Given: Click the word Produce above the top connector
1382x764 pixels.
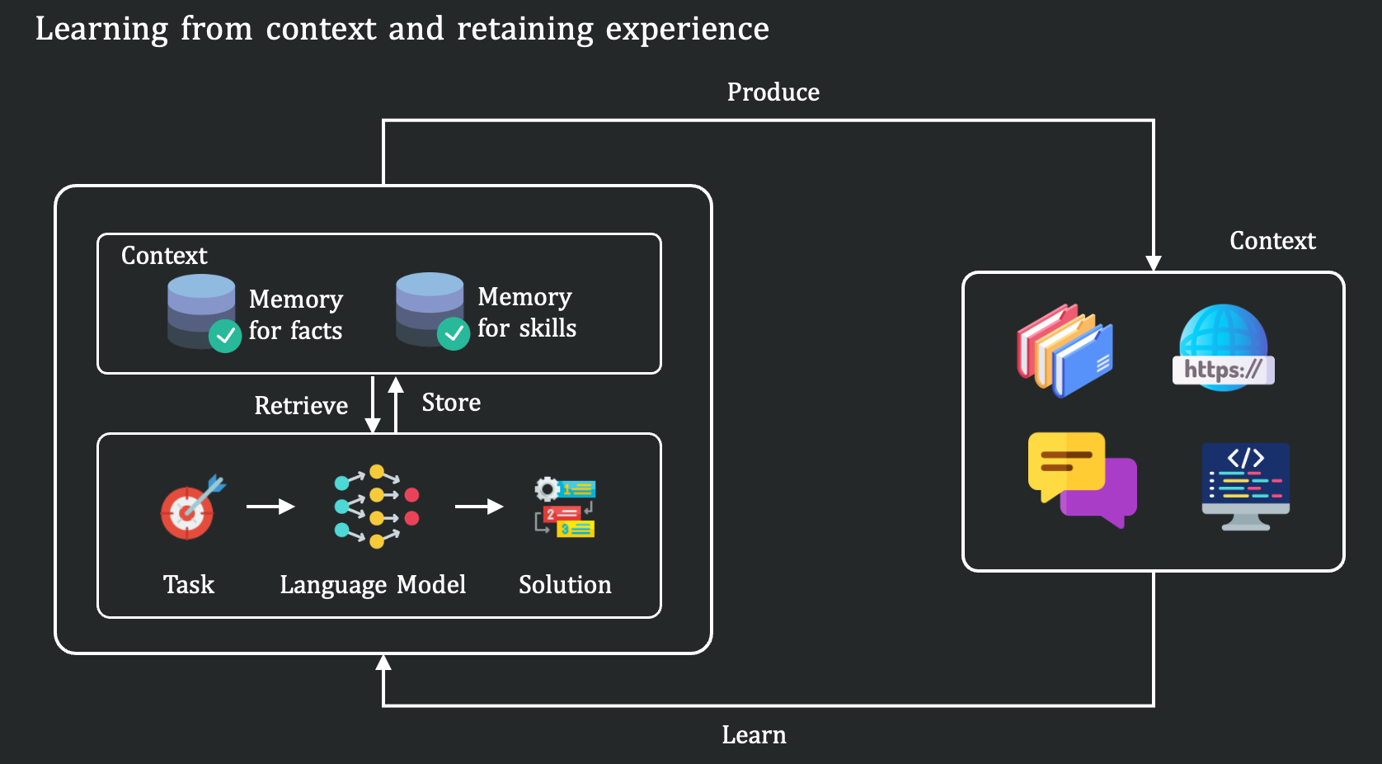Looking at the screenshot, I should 773,92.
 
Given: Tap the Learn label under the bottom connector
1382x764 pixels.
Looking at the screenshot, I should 754,735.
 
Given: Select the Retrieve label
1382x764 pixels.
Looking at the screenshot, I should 301,406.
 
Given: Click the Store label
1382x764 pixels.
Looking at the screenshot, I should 451,403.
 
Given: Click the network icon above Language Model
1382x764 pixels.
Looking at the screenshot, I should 376,507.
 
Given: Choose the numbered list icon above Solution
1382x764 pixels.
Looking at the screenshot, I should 565,507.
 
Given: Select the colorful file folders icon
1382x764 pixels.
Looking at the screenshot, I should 1065,350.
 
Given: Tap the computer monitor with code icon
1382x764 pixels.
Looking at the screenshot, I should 1245,486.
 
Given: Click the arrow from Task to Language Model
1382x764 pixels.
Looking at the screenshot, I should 270,507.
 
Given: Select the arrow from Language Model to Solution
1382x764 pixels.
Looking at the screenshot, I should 479,507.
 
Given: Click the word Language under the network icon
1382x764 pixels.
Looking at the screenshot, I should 333,585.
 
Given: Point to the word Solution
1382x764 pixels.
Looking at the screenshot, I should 565,585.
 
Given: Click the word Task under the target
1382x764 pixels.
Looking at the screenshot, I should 189,585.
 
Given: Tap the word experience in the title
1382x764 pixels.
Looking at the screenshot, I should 687,30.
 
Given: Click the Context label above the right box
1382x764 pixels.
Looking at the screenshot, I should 1272,241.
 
